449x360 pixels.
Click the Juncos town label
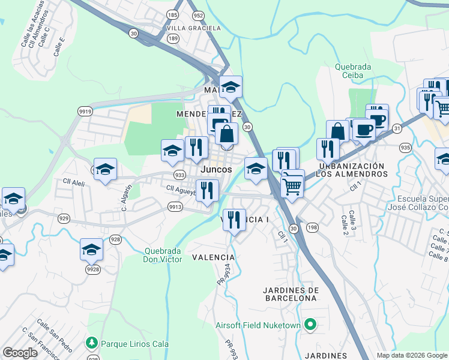point(216,170)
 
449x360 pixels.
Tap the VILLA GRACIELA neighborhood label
point(193,28)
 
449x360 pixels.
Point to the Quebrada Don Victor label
point(163,256)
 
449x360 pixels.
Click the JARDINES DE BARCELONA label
point(290,294)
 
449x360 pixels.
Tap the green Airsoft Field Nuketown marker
point(310,325)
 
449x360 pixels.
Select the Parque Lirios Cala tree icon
point(92,343)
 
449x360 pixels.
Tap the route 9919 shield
point(85,110)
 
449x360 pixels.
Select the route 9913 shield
point(175,206)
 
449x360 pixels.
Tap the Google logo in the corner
point(20,353)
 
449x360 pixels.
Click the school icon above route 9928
point(92,248)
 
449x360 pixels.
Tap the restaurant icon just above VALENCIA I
point(234,218)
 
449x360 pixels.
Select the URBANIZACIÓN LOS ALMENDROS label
point(352,170)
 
